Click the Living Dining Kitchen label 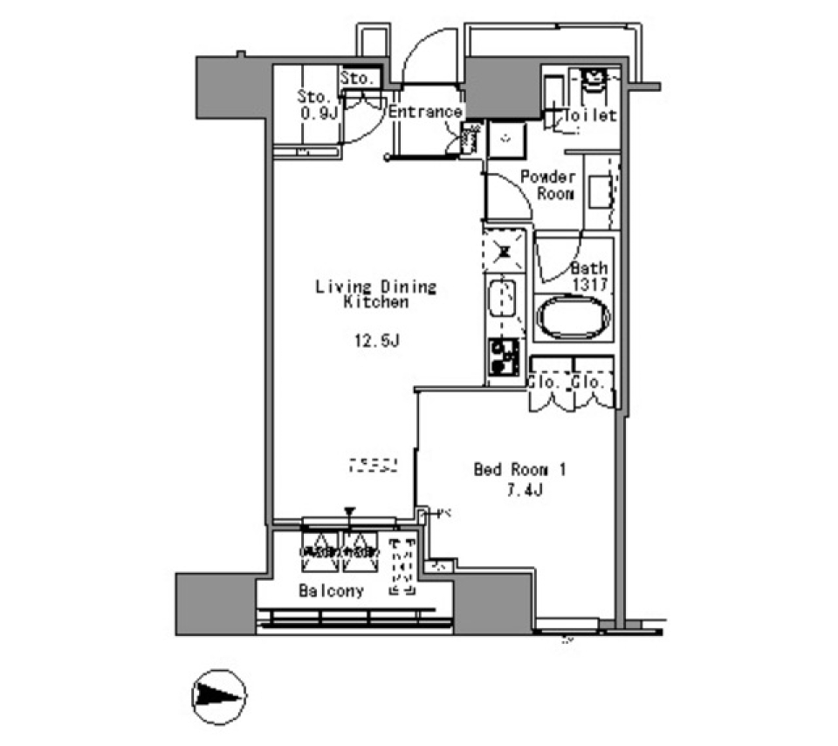click(375, 294)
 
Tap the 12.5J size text click(377, 341)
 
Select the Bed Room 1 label click(520, 470)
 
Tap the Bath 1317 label click(589, 276)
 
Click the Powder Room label click(546, 184)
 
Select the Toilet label click(591, 115)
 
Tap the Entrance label click(424, 112)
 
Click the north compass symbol click(218, 696)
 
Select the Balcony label click(331, 591)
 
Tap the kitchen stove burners click(505, 356)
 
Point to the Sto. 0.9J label click(316, 104)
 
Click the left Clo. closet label click(547, 382)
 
